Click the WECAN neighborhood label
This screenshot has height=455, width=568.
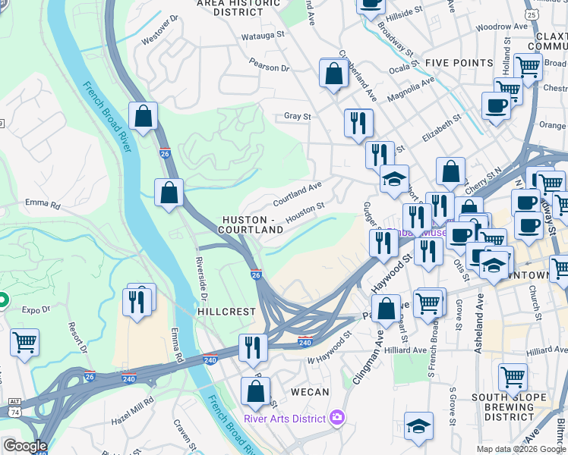(x=311, y=392)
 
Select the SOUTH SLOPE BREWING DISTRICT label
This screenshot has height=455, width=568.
(x=503, y=406)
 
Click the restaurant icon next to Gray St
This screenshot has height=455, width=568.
(x=358, y=123)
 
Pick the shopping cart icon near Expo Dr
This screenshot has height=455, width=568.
(x=24, y=343)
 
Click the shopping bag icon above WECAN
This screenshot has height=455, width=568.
(x=256, y=392)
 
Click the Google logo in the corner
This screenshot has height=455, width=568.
(x=25, y=446)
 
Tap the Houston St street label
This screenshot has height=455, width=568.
(x=305, y=209)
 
